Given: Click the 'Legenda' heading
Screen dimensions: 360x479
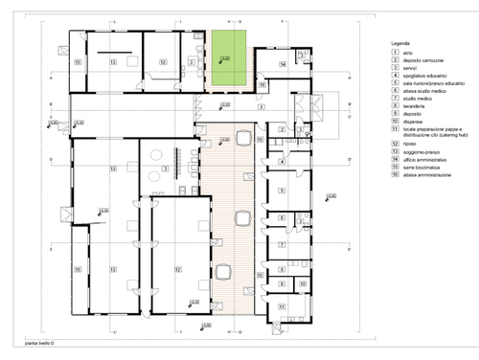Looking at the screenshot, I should pyautogui.click(x=400, y=45).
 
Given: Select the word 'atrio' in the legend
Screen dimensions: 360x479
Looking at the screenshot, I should pyautogui.click(x=409, y=53).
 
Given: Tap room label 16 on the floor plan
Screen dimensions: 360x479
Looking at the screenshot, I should pyautogui.click(x=262, y=84).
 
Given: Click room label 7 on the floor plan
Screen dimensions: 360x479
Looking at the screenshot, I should pyautogui.click(x=282, y=243).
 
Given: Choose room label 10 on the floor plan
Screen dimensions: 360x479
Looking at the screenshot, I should pyautogui.click(x=302, y=284).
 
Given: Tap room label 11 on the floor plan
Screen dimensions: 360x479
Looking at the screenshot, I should pyautogui.click(x=282, y=305).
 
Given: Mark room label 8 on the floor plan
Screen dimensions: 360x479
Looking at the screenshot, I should pyautogui.click(x=282, y=271).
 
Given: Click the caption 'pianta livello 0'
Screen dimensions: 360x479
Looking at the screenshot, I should pyautogui.click(x=39, y=342).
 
